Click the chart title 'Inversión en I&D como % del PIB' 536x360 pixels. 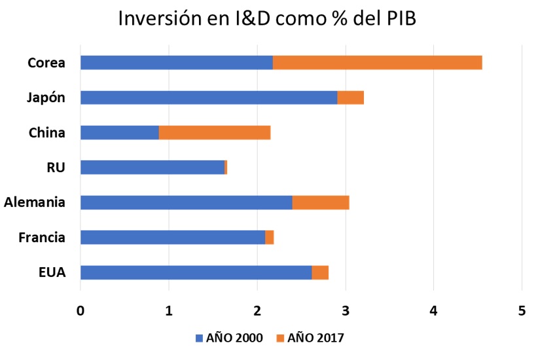click(267, 18)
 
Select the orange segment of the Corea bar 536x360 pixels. click(377, 63)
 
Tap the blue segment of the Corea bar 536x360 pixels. click(176, 63)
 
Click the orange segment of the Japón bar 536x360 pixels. click(350, 98)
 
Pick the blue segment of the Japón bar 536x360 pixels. click(209, 98)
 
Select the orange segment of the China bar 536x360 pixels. click(215, 133)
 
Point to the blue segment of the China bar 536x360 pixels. click(119, 133)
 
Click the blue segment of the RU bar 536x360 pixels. click(152, 168)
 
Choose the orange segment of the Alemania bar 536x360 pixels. click(320, 202)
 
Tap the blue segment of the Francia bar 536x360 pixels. click(172, 237)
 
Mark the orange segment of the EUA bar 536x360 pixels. click(320, 272)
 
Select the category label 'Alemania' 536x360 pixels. click(34, 202)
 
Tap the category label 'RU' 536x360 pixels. click(56, 168)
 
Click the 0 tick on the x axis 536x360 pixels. click(80, 312)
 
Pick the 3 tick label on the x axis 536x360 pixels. click(345, 312)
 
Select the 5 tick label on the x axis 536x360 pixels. click(521, 312)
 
